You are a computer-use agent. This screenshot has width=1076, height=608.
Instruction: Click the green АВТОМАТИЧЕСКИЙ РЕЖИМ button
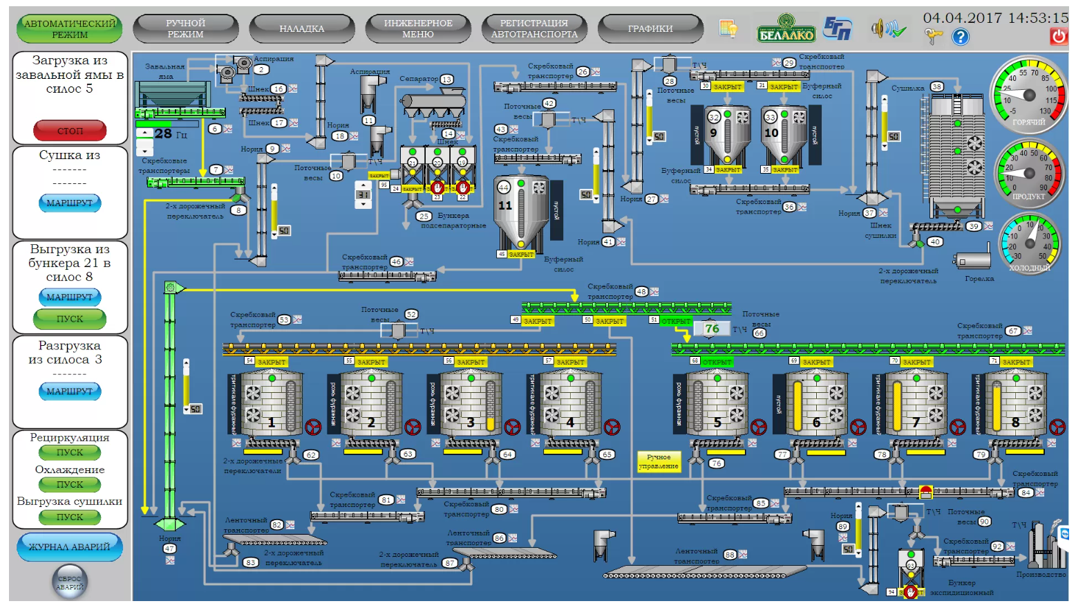click(x=69, y=28)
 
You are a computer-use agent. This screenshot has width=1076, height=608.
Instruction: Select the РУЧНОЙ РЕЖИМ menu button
click(x=185, y=28)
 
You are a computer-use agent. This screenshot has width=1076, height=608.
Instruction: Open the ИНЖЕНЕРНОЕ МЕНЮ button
click(x=418, y=28)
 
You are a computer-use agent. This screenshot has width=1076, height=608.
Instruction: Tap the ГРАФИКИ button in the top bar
click(x=650, y=28)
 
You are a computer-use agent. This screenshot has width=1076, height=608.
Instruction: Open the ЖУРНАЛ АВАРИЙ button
click(x=69, y=546)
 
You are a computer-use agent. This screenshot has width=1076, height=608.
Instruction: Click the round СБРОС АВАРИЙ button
click(x=70, y=582)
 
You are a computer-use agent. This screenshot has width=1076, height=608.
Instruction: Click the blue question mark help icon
click(x=961, y=37)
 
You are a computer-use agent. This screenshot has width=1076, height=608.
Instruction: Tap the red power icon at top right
click(x=1058, y=36)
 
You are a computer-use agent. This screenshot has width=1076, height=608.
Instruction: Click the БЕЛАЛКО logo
click(x=786, y=28)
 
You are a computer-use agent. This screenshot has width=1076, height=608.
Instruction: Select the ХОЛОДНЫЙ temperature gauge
click(x=1030, y=243)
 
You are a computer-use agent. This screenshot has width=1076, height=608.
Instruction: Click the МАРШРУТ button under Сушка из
click(x=69, y=203)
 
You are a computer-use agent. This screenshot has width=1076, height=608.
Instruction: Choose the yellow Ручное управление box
click(x=659, y=461)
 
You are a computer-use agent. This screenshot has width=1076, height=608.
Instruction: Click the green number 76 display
click(x=712, y=329)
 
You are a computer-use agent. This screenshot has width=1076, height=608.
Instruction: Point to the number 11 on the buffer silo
click(x=505, y=205)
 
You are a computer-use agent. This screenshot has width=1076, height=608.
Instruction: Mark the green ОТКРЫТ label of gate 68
click(x=717, y=362)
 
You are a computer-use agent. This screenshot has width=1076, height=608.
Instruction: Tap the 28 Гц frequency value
click(x=170, y=133)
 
